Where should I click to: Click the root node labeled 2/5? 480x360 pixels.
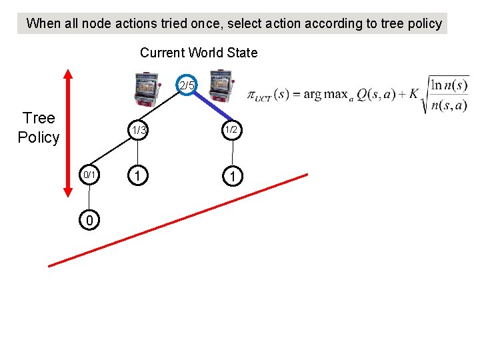[188, 85]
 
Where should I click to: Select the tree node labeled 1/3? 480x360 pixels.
[138, 131]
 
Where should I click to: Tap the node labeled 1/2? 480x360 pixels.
[231, 130]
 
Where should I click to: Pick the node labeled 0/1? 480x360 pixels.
[90, 175]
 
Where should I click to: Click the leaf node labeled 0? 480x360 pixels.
[89, 219]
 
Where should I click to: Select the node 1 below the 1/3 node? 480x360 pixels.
[137, 175]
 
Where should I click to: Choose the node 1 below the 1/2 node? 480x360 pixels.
[231, 175]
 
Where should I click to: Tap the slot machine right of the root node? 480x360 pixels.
[219, 89]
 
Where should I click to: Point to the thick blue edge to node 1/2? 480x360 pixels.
[211, 109]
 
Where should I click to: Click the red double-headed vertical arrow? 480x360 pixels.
[68, 133]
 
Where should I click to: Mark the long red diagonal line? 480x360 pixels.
[179, 220]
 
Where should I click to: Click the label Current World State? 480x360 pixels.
[198, 53]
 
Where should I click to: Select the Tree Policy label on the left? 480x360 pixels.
[39, 128]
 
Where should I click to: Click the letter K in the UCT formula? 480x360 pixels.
[413, 94]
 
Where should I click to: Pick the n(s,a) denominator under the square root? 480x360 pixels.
[449, 105]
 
